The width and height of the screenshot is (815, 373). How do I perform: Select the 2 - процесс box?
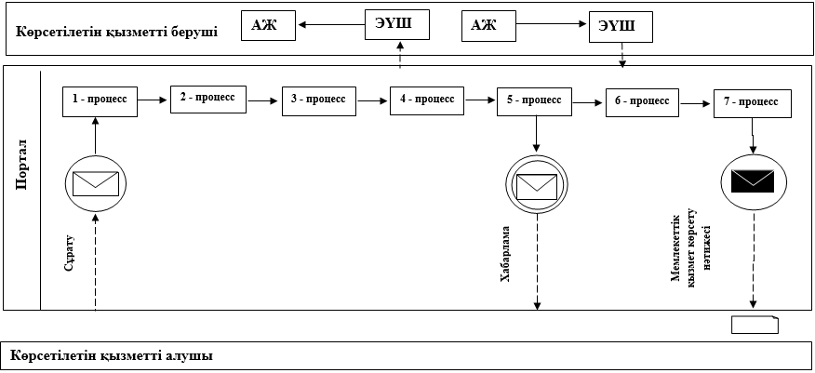pos(208,98)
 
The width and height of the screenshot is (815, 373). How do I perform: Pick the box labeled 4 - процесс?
pos(427,100)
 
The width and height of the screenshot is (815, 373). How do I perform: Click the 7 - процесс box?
pos(753,103)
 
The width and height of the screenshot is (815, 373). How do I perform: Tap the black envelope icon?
pos(753,180)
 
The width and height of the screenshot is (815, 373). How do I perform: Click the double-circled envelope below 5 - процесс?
pos(536,183)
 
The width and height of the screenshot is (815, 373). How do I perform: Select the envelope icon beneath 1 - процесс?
pos(96,182)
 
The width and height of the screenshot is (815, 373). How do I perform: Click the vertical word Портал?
pos(23,167)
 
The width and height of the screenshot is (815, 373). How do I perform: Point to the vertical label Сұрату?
pos(70,252)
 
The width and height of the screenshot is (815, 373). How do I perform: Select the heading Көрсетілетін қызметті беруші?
pos(117,33)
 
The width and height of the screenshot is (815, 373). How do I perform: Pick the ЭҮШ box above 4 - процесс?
pos(398,25)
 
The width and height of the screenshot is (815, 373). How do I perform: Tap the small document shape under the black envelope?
pos(755,325)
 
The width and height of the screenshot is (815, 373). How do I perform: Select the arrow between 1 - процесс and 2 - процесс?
pos(154,100)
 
